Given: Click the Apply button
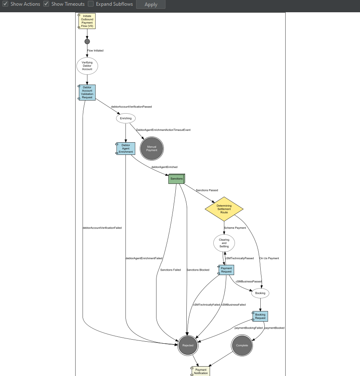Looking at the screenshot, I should click(x=151, y=4).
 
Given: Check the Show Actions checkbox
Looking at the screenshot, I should click(x=6, y=4).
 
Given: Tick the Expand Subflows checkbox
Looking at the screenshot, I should click(x=91, y=4).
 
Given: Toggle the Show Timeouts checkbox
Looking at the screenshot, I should click(x=46, y=4).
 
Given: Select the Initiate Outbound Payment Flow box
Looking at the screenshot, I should click(x=87, y=21).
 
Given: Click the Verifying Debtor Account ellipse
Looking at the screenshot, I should click(x=87, y=66).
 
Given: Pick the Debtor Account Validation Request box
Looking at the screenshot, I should click(x=87, y=92).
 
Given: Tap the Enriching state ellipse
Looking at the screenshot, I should click(x=126, y=118).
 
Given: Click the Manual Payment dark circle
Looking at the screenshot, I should click(x=152, y=148).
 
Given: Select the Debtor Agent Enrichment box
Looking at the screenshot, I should click(x=126, y=148).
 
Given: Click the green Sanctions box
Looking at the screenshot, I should click(x=177, y=179).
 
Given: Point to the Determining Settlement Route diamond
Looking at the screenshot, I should click(x=224, y=209).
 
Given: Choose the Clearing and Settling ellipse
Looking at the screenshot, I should click(x=224, y=243).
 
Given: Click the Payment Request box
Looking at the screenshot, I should click(x=226, y=270).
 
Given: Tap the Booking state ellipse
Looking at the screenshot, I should click(x=260, y=293).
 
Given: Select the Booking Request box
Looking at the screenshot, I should click(x=260, y=316).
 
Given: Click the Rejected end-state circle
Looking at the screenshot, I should click(x=188, y=345).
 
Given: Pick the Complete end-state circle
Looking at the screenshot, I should click(x=242, y=345).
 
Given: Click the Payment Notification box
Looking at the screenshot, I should click(x=201, y=371).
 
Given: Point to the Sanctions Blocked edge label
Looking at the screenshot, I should click(x=198, y=270).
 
